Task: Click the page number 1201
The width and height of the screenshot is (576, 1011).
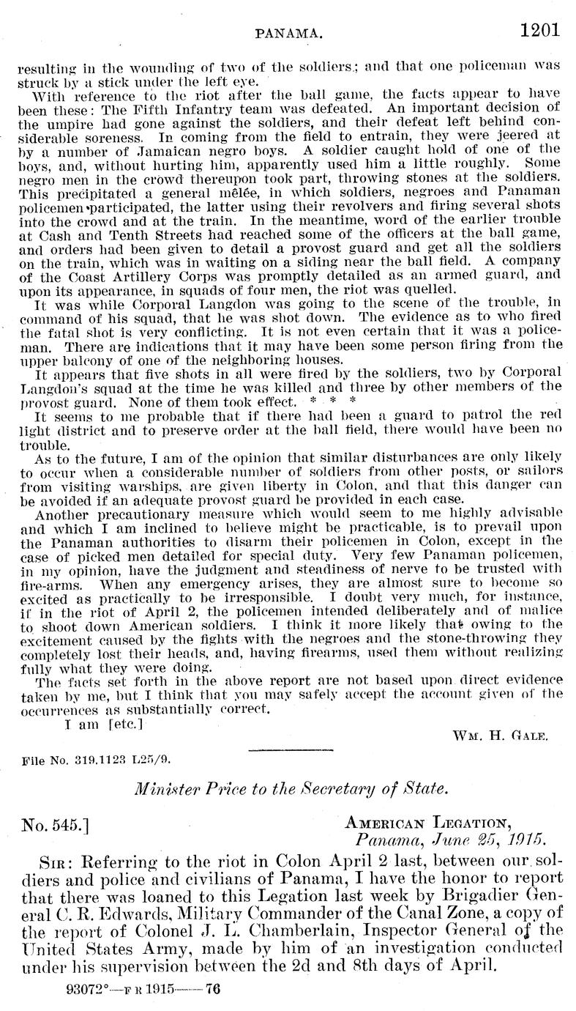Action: click(x=540, y=31)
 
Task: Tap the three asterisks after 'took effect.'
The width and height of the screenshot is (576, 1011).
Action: click(x=343, y=401)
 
